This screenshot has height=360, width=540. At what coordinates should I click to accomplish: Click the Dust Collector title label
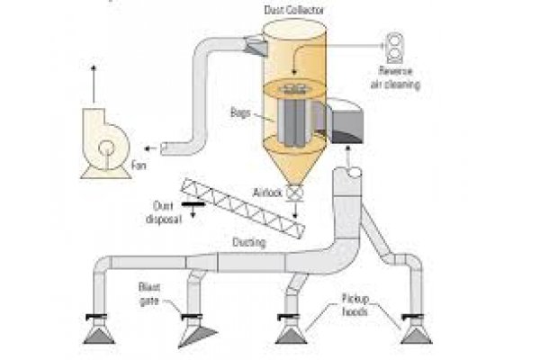(293, 10)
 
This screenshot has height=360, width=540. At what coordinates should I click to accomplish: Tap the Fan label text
(139, 166)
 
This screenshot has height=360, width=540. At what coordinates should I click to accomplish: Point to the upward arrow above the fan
(94, 84)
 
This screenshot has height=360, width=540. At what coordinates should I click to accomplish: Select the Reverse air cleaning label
(395, 78)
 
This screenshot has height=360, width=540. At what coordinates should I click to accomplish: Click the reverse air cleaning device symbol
(395, 48)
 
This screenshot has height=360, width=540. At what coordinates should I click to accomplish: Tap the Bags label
(240, 112)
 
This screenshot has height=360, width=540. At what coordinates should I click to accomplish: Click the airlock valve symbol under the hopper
(295, 193)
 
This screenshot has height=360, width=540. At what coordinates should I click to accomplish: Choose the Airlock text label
(267, 193)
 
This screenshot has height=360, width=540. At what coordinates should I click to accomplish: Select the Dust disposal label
(164, 212)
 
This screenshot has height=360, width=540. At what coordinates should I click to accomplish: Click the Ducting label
(249, 242)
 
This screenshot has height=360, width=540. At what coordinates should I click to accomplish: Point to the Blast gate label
(149, 294)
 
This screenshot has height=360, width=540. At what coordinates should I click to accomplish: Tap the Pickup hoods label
(355, 305)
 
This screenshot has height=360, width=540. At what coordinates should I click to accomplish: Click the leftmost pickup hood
(99, 335)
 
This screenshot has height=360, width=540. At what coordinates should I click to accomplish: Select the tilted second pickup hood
(196, 336)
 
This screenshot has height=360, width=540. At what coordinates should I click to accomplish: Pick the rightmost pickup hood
(417, 335)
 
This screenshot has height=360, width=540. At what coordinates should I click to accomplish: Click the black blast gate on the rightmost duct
(412, 316)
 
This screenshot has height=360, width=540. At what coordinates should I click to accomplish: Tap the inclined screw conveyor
(243, 208)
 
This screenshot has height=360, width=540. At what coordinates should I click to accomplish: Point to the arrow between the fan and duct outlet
(150, 148)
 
